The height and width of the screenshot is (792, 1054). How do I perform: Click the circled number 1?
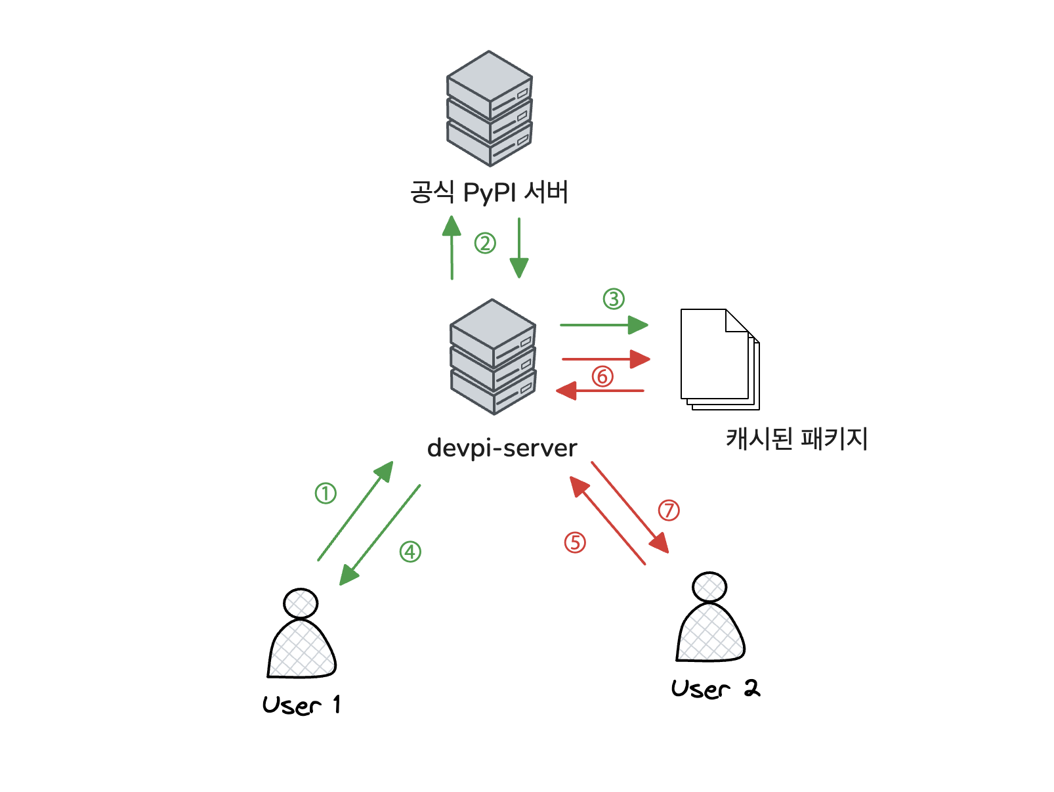(x=326, y=493)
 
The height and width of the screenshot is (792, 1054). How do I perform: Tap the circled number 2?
(x=485, y=244)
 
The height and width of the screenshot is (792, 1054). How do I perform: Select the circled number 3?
(x=614, y=299)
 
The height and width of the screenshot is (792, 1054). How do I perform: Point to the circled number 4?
(x=410, y=552)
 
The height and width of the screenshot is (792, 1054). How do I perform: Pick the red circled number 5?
(x=575, y=542)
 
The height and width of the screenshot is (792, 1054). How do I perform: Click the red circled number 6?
(x=602, y=376)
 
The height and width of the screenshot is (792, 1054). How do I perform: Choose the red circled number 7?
(x=669, y=510)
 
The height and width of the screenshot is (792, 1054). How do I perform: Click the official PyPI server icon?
(x=490, y=108)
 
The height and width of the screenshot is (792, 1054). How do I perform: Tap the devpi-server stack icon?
(x=493, y=357)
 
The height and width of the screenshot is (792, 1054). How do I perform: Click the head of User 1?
(x=301, y=603)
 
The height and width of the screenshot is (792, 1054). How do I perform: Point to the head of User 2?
(x=709, y=587)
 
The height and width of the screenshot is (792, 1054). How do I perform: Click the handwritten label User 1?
(x=301, y=705)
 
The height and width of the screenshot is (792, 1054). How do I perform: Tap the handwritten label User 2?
(x=715, y=689)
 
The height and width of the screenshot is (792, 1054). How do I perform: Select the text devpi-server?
(x=502, y=448)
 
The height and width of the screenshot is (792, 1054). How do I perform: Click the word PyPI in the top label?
(x=490, y=193)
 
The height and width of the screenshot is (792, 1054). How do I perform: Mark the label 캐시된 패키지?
(x=797, y=439)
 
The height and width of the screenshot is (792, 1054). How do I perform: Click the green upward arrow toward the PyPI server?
(x=452, y=248)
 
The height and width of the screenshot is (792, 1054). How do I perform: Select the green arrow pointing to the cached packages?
(x=604, y=324)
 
